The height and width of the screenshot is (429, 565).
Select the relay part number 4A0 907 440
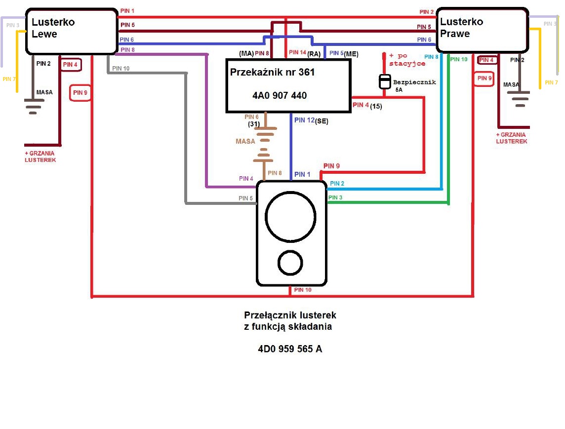click(280, 95)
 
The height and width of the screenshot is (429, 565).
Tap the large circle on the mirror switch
click(290, 217)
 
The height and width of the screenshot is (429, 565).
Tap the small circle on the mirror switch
click(290, 263)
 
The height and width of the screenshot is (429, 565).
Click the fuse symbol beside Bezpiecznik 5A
click(385, 81)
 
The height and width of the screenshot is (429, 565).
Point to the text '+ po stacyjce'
click(407, 60)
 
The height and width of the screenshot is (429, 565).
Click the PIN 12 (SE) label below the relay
click(311, 120)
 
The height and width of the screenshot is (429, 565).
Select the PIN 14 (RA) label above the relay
click(305, 53)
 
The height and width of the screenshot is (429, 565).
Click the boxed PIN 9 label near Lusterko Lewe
click(80, 93)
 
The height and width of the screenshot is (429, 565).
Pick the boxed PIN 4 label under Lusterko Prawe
click(486, 60)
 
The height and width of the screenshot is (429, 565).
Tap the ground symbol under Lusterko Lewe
click(34, 106)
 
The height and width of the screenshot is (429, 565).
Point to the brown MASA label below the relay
click(245, 142)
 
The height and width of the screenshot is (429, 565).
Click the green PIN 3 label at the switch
click(335, 197)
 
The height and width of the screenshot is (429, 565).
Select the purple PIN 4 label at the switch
click(246, 178)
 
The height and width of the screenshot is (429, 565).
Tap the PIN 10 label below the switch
click(303, 290)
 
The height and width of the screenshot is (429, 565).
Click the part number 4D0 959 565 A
click(290, 349)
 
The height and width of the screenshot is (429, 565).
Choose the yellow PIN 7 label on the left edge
click(9, 79)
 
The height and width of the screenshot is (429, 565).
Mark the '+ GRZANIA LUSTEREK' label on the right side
click(511, 138)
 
